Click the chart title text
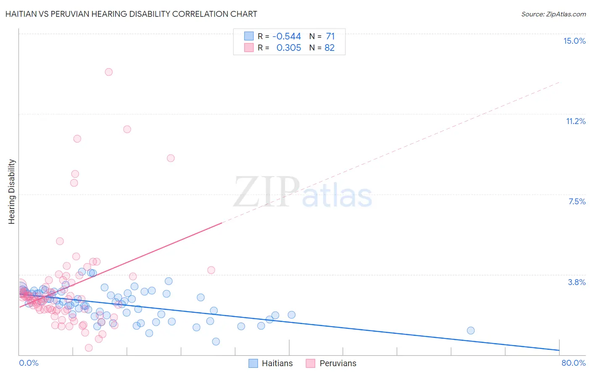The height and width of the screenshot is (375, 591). tap(131, 14)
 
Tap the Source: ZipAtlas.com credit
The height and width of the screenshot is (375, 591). tap(553, 14)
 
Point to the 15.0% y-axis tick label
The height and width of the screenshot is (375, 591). tap(574, 41)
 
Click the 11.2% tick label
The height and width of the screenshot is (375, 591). tap(575, 121)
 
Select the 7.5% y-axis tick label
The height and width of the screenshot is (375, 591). tap(577, 201)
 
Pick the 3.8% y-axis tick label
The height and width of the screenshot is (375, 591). tap(577, 282)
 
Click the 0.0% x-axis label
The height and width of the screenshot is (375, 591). tap(29, 363)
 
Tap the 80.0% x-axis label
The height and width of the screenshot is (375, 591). tap(573, 363)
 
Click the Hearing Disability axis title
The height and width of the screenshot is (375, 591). tap(12, 192)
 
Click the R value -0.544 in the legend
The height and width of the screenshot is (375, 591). tap(287, 37)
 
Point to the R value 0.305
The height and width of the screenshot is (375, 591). tap(289, 48)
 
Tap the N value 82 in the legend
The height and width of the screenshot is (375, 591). tap(330, 48)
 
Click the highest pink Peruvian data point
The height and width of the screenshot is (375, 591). tap(108, 72)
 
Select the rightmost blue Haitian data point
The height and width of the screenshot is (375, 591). tap(471, 330)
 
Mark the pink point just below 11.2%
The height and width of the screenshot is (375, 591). tap(127, 129)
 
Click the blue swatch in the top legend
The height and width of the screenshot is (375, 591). tap(249, 37)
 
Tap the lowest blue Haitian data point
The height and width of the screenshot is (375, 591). tap(216, 341)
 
